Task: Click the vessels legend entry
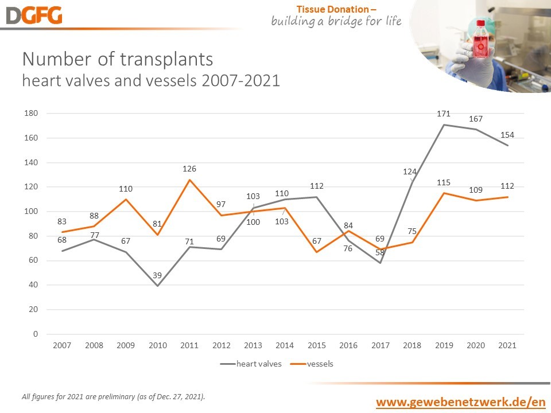click(312, 364)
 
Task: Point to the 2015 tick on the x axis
click(317, 345)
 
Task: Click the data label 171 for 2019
click(443, 114)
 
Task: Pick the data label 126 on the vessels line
click(189, 169)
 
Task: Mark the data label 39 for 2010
click(157, 276)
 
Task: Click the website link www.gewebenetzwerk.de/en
click(460, 402)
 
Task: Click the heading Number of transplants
click(117, 59)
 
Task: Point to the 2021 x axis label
click(507, 345)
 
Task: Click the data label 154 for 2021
click(507, 135)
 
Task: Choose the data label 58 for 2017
click(380, 251)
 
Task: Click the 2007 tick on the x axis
click(61, 345)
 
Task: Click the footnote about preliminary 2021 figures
click(113, 396)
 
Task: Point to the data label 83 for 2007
click(62, 221)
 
